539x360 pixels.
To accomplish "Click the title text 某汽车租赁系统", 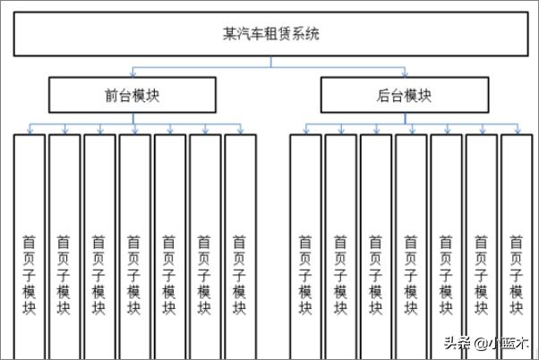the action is tap(271, 34).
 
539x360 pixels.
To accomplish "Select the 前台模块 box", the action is tap(133, 95).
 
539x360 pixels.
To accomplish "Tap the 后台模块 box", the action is tap(405, 95).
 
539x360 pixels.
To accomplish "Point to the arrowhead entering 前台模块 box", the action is tap(133, 73).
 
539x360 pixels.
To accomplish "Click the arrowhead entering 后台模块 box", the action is tap(405, 73).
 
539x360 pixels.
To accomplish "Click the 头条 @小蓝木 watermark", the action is tap(486, 343).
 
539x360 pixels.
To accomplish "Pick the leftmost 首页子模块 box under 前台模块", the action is tap(30, 247).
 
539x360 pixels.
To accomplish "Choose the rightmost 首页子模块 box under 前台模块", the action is tap(240, 247).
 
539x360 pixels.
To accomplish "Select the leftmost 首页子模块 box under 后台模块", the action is tap(305, 247).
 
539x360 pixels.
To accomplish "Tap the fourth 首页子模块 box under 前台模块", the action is tap(134, 247).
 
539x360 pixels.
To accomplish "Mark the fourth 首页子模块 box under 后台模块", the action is tap(411, 247).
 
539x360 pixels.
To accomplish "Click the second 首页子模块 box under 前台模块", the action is tap(64, 247).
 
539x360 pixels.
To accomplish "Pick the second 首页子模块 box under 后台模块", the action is tap(341, 247).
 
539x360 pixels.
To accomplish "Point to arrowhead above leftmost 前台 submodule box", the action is tap(30, 131).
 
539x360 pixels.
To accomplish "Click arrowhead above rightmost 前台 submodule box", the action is tap(240, 131).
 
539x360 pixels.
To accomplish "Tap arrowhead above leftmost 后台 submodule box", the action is tap(306, 131).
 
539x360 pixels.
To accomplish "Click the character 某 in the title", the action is tap(229, 34).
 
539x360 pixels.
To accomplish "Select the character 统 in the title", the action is tap(312, 34).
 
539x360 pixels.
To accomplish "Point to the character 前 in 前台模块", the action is tap(112, 95).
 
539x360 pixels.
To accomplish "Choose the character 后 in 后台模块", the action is tap(383, 95).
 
